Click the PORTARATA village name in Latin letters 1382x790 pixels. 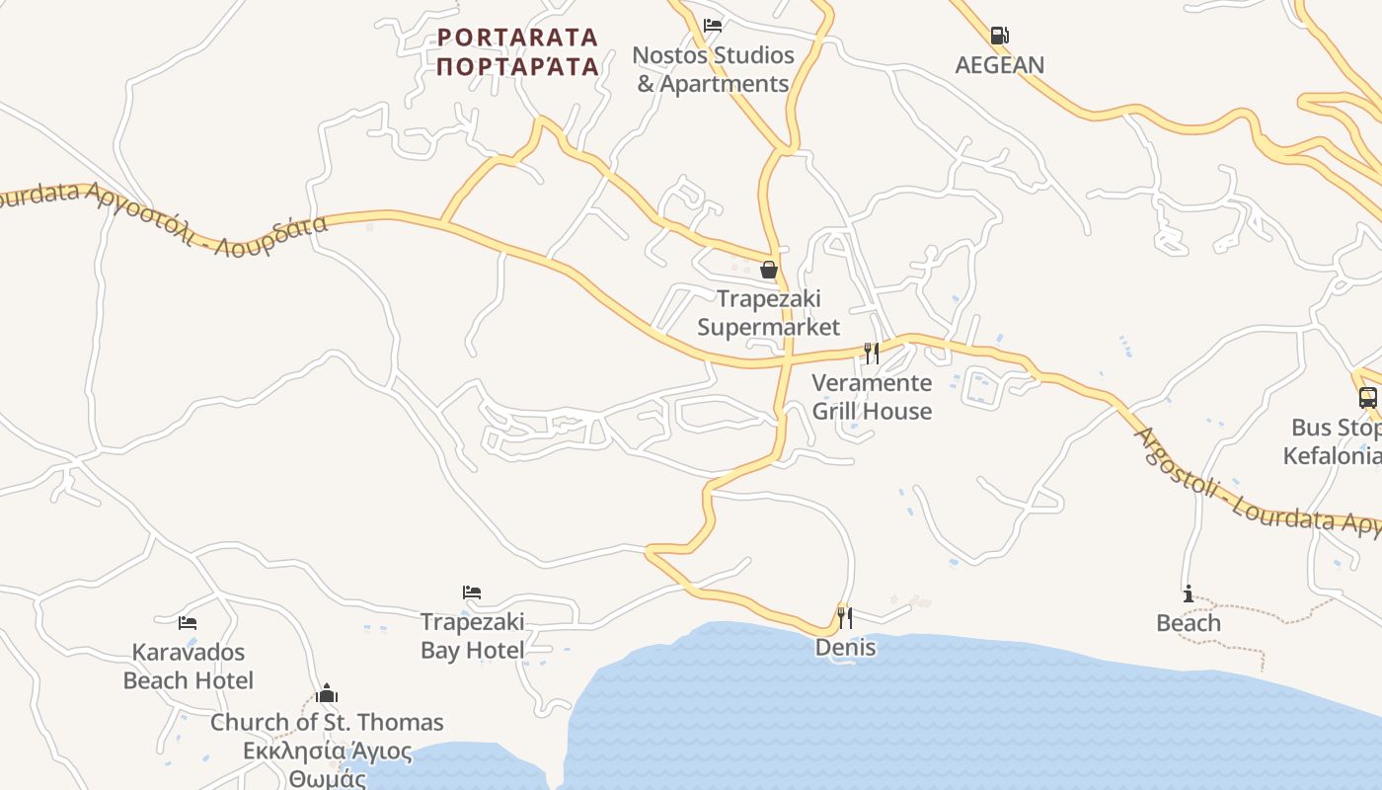tap(517, 38)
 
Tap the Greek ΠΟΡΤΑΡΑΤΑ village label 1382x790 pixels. tap(517, 66)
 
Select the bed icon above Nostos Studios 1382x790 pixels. tap(713, 26)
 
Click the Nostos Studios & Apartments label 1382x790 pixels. tap(713, 69)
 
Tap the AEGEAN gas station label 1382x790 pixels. tap(999, 65)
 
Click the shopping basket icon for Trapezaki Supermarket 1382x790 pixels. tap(768, 270)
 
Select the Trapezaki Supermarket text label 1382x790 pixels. tap(768, 312)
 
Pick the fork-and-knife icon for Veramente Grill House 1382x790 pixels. tap(872, 353)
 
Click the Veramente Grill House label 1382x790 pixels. tap(872, 396)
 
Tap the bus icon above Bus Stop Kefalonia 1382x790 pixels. tap(1367, 398)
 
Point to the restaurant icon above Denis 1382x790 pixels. tap(845, 618)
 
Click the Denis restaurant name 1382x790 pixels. tap(845, 648)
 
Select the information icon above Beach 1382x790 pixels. tap(1189, 593)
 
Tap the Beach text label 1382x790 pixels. tap(1189, 623)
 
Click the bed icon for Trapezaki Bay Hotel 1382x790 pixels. tap(472, 592)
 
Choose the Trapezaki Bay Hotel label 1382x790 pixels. tap(472, 636)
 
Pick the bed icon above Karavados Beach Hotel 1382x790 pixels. tap(188, 622)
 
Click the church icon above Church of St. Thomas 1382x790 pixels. tap(327, 693)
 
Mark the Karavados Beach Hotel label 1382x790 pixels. tap(188, 666)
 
